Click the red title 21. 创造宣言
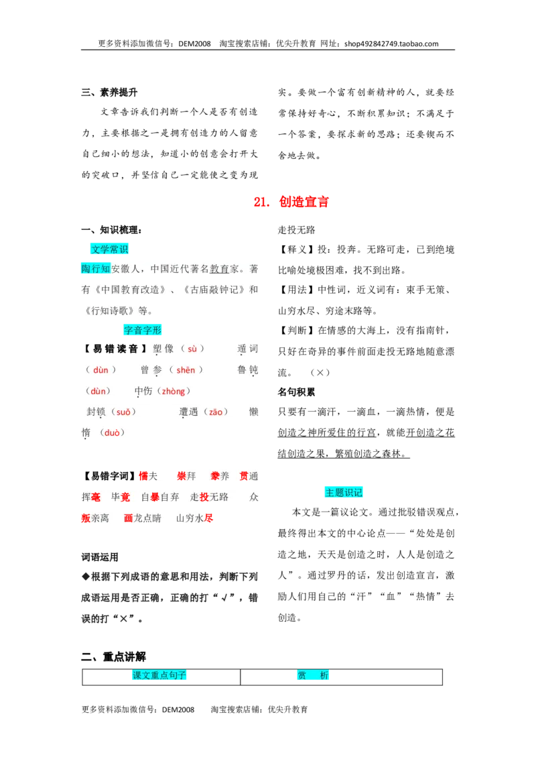click(291, 202)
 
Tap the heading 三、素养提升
click(109, 92)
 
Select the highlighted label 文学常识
click(109, 249)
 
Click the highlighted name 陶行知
click(96, 269)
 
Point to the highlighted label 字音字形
click(142, 330)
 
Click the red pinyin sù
click(192, 349)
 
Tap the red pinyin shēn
click(186, 370)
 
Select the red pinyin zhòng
click(173, 391)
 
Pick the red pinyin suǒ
click(123, 412)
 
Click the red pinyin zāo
click(216, 412)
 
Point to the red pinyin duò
click(112, 432)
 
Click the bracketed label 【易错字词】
click(109, 476)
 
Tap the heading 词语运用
click(100, 557)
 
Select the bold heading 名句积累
click(296, 392)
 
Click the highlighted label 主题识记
click(344, 492)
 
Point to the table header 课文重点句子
click(159, 675)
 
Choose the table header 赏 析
click(312, 675)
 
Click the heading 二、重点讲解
click(113, 657)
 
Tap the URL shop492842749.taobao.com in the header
click(391, 44)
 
